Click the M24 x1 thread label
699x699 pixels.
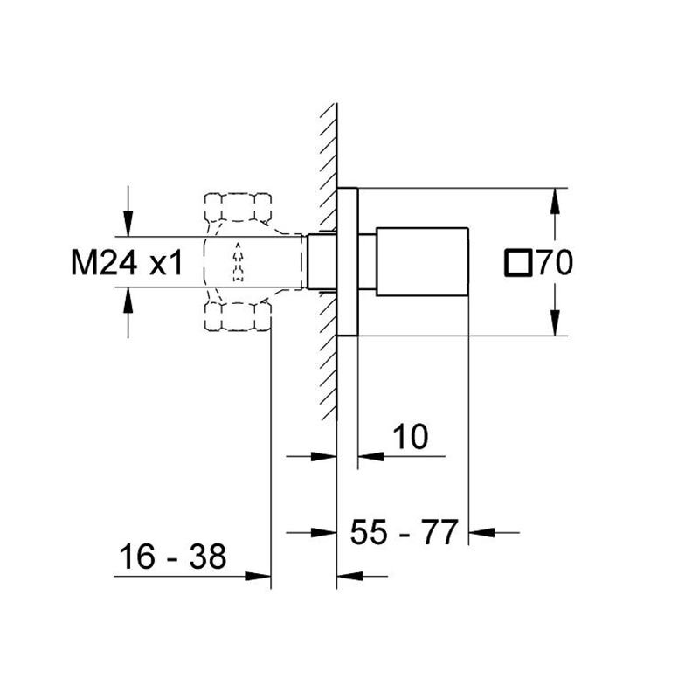127,263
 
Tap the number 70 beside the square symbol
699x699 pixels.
555,263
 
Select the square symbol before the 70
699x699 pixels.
518,263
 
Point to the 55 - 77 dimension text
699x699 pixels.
404,532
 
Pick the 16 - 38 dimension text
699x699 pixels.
172,557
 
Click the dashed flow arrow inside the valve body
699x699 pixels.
238,262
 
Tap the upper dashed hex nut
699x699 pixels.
238,207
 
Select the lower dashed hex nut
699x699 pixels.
238,315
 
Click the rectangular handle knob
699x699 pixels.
422,261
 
